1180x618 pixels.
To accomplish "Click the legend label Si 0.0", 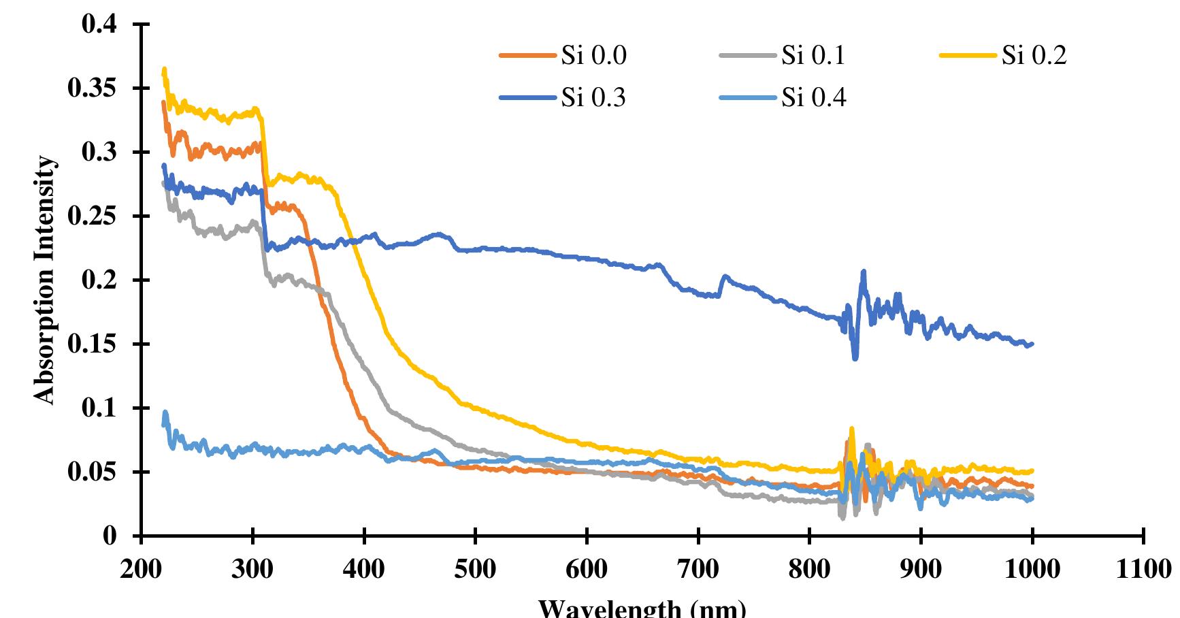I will click(x=593, y=56).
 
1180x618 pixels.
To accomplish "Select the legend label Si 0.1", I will click(x=813, y=56).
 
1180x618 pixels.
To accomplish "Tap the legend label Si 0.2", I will click(x=1034, y=56).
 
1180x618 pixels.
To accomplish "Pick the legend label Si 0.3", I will click(x=593, y=98).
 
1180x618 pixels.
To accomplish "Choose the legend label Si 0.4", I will click(x=813, y=98).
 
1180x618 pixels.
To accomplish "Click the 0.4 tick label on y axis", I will click(x=99, y=25).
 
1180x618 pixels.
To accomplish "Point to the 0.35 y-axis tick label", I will click(x=93, y=89).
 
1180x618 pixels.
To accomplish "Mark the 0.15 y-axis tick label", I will click(x=93, y=344).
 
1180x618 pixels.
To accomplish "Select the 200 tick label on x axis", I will click(x=141, y=570).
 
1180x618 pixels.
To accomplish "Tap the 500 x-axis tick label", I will click(x=475, y=570).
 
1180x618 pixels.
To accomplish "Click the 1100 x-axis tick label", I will click(x=1144, y=570).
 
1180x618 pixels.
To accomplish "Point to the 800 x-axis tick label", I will click(x=810, y=570).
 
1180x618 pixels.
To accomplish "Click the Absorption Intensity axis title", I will click(x=44, y=280).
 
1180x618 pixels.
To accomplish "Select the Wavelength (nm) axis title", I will click(x=642, y=608).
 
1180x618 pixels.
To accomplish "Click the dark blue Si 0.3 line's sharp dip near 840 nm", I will click(x=855, y=358).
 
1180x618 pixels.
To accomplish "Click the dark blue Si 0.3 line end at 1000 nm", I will click(x=1032, y=344).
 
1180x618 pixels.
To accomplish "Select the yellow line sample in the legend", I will click(x=969, y=56).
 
